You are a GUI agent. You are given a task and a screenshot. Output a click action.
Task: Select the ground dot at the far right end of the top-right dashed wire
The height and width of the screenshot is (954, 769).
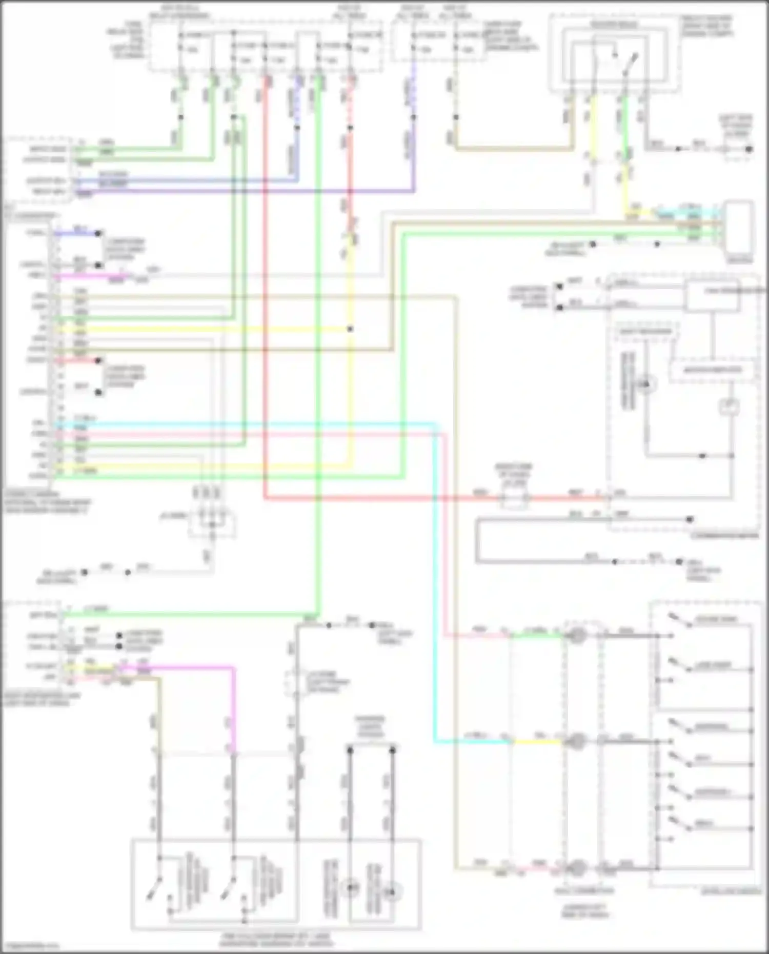(749, 149)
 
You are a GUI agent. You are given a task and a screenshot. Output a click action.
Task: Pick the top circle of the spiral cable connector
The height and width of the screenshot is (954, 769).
(577, 636)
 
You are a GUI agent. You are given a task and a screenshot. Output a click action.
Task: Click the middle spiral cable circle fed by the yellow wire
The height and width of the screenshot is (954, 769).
(577, 741)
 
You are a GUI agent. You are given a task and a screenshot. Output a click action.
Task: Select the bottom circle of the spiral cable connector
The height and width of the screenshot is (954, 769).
(577, 868)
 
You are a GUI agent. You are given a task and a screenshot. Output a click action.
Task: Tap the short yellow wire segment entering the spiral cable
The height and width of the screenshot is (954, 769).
(537, 742)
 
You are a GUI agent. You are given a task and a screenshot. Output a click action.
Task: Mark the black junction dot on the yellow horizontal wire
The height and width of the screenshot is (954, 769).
(350, 329)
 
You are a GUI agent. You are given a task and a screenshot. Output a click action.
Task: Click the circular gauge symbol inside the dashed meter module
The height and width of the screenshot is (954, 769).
(646, 384)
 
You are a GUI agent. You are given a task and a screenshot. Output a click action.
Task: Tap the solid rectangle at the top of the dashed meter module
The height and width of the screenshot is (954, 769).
(713, 296)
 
